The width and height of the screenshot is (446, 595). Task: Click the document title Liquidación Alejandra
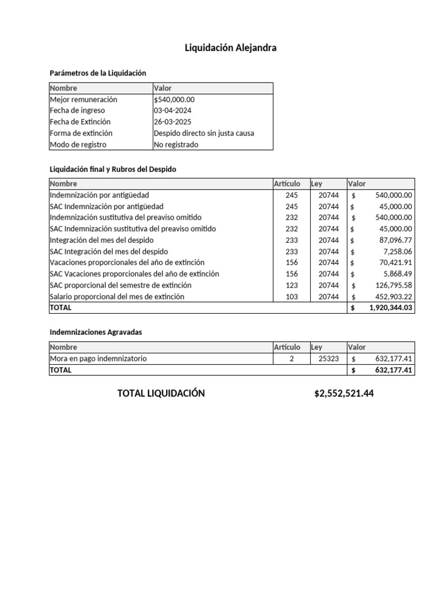(x=231, y=48)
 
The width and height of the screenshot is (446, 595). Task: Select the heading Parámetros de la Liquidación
(x=98, y=73)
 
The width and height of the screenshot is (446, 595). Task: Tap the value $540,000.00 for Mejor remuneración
(x=174, y=99)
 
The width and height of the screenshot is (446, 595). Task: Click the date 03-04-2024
(x=172, y=110)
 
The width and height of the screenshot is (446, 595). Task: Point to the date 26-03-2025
(x=172, y=122)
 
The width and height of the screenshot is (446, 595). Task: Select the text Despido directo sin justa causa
(x=204, y=133)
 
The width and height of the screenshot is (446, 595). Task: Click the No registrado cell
(x=176, y=145)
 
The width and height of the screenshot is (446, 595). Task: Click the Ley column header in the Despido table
(x=316, y=184)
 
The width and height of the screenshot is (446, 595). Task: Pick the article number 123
(x=292, y=285)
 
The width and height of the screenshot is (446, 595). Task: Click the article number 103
(x=292, y=296)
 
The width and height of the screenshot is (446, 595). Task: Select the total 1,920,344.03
(x=390, y=308)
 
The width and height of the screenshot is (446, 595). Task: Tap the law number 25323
(x=329, y=359)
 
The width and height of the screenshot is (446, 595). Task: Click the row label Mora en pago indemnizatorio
(x=98, y=359)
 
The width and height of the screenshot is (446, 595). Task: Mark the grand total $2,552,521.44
(x=344, y=393)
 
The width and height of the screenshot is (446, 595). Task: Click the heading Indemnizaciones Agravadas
(x=96, y=332)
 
